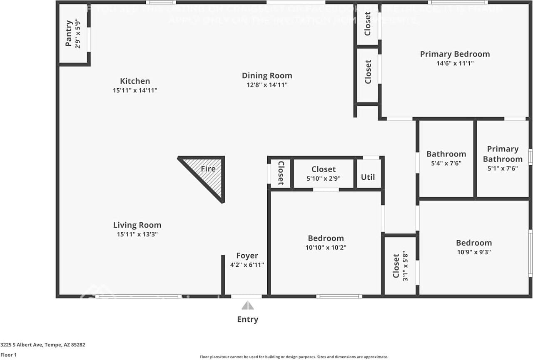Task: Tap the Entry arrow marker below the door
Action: [x=248, y=306]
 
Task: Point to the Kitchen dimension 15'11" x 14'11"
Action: [x=135, y=90]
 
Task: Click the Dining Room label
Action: [x=267, y=75]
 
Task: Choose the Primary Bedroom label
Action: [x=455, y=54]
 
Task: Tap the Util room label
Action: [x=368, y=177]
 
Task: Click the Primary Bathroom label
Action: [x=503, y=154]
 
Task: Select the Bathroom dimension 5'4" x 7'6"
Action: [x=446, y=164]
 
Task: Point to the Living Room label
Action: [x=137, y=225]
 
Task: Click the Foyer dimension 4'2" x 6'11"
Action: [x=247, y=265]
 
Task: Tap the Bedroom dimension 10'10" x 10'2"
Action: [x=326, y=247]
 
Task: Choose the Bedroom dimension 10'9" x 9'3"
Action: [x=474, y=252]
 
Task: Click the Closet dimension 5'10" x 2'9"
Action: [x=324, y=178]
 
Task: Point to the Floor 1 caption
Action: [x=8, y=355]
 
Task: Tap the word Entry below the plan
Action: [x=248, y=319]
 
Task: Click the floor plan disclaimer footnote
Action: [x=294, y=357]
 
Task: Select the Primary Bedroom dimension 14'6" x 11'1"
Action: [x=455, y=63]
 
